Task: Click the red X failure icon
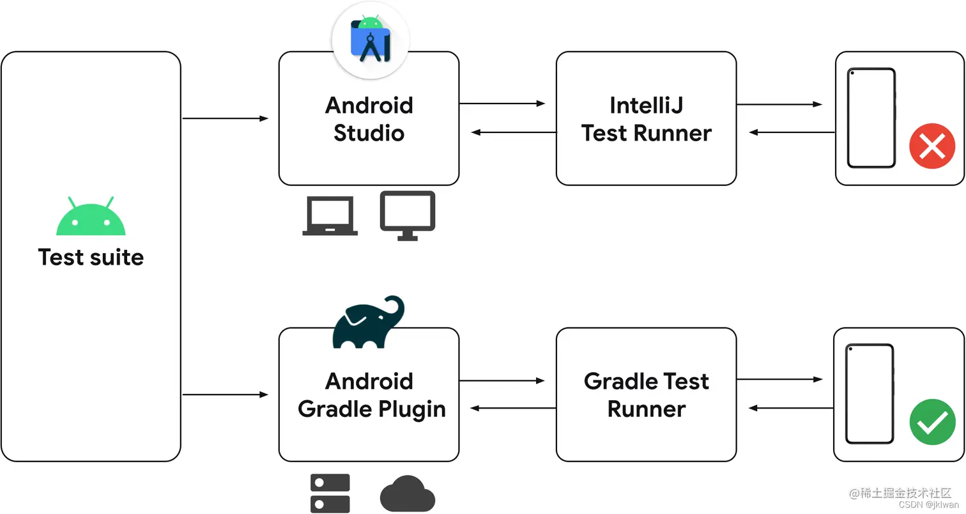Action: (x=931, y=146)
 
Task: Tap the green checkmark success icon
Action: (x=931, y=422)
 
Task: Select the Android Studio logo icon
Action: (x=370, y=40)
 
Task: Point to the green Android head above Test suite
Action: (x=91, y=216)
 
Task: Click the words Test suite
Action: (x=91, y=257)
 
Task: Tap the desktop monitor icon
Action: (x=408, y=215)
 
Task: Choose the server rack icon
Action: (x=330, y=493)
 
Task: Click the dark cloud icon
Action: (x=408, y=494)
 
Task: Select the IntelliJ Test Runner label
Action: (x=646, y=119)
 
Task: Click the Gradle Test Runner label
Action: (x=646, y=395)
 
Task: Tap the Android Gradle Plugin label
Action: (x=371, y=395)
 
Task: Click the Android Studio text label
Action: (x=369, y=119)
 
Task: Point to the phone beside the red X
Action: (x=871, y=118)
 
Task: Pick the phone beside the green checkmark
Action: (x=869, y=394)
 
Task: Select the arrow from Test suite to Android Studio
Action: (x=225, y=118)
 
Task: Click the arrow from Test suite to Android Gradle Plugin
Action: (x=225, y=395)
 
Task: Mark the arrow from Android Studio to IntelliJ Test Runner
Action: (x=502, y=103)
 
